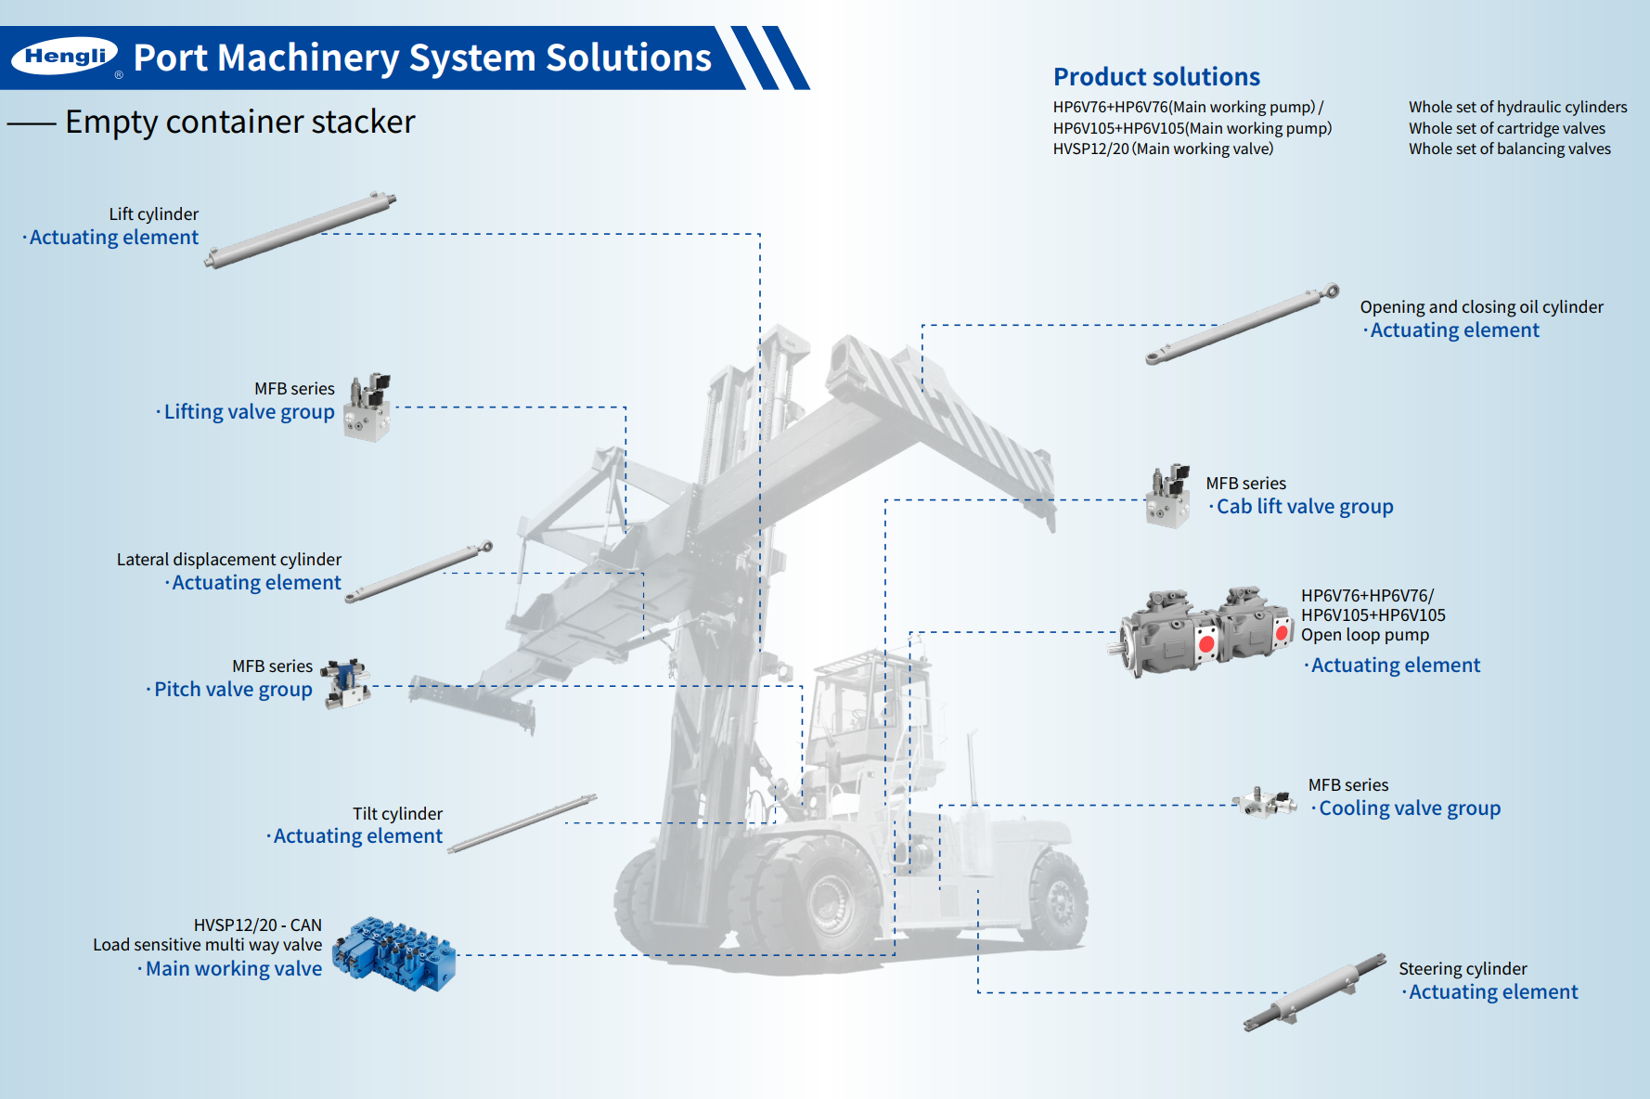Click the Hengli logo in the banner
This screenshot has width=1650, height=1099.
click(65, 57)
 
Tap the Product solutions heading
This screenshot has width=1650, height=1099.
click(1156, 76)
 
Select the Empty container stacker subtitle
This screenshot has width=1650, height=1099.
click(239, 122)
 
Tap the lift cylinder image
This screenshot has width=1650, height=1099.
click(300, 230)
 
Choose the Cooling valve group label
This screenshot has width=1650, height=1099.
click(1409, 808)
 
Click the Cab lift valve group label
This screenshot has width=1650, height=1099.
click(1304, 506)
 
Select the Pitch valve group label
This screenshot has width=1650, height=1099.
click(233, 689)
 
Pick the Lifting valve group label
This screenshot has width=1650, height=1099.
click(249, 411)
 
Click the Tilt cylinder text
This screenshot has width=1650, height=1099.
click(397, 813)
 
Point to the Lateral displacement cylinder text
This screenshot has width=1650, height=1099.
click(228, 559)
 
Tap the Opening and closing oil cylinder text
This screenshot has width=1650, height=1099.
click(1481, 306)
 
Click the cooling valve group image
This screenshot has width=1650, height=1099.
click(1264, 802)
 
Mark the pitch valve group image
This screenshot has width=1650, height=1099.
click(347, 684)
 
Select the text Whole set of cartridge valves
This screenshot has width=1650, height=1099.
click(1506, 128)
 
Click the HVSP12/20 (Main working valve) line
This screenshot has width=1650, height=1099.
click(1163, 149)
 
